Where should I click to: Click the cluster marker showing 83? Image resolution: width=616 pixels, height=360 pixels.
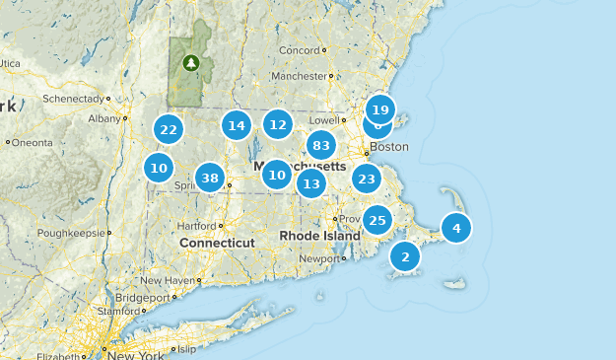[320, 146]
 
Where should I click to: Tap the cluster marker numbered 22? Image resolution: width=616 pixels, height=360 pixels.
[169, 129]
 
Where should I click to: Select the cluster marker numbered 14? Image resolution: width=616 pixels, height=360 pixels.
[236, 125]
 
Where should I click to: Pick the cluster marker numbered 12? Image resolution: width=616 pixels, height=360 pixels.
[278, 125]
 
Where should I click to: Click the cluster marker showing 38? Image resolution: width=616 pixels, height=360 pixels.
[209, 179]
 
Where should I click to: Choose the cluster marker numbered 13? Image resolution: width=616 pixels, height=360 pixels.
[311, 183]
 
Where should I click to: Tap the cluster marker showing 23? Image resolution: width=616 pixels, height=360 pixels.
[367, 179]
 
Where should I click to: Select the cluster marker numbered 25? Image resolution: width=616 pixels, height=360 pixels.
[377, 219]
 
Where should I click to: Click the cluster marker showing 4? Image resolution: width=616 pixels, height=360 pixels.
[456, 228]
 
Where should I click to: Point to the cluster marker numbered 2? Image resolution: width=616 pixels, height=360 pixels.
[405, 256]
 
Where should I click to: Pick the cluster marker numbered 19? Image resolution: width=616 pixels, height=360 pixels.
[380, 109]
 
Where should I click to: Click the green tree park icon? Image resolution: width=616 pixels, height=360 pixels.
[191, 63]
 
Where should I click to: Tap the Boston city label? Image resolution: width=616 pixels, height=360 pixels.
[387, 147]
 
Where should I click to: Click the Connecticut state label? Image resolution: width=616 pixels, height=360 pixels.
[217, 243]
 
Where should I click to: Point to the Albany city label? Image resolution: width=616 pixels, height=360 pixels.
[103, 118]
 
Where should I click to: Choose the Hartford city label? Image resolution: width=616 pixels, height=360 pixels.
[196, 224]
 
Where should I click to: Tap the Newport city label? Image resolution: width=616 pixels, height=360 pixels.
[318, 258]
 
